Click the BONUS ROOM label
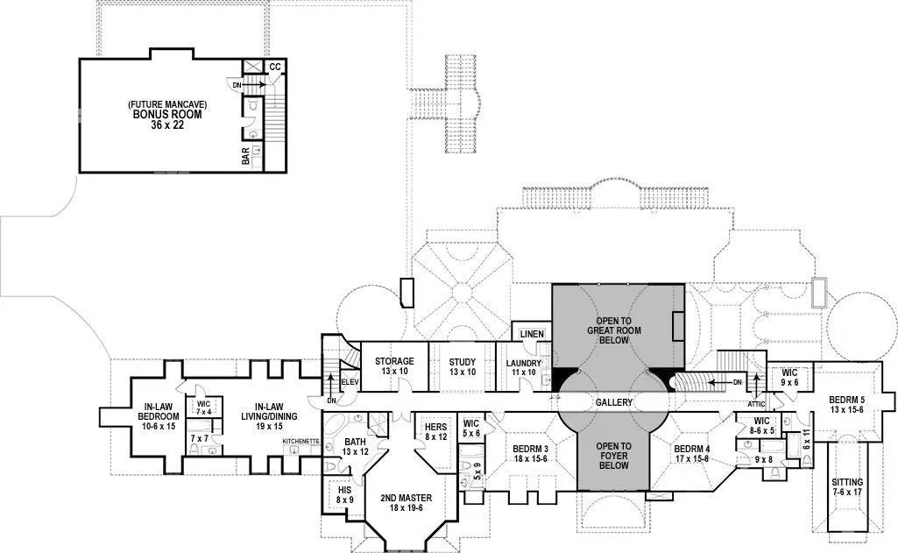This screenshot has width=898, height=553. pyautogui.click(x=167, y=114)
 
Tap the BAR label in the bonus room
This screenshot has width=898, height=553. pyautogui.click(x=245, y=157)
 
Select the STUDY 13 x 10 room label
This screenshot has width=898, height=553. pyautogui.click(x=463, y=367)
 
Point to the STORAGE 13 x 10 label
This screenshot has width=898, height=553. pyautogui.click(x=394, y=366)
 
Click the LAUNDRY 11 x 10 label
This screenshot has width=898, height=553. pyautogui.click(x=523, y=368)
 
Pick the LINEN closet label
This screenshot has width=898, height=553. pyautogui.click(x=532, y=334)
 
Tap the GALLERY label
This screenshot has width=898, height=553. pyautogui.click(x=614, y=402)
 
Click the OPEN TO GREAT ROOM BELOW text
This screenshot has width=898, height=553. pyautogui.click(x=614, y=330)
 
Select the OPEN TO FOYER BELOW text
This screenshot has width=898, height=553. pyautogui.click(x=613, y=456)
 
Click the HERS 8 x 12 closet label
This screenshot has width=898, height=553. pyautogui.click(x=435, y=432)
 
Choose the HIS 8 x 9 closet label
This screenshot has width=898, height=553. pyautogui.click(x=345, y=495)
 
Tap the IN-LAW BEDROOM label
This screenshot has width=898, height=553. pyautogui.click(x=159, y=416)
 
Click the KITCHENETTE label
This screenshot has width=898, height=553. pyautogui.click(x=301, y=441)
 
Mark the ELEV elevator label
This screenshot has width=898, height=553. pyautogui.click(x=350, y=382)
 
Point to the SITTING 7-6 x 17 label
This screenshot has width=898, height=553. pyautogui.click(x=847, y=487)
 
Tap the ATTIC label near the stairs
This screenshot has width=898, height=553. pyautogui.click(x=756, y=404)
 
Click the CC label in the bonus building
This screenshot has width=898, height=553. pyautogui.click(x=275, y=67)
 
